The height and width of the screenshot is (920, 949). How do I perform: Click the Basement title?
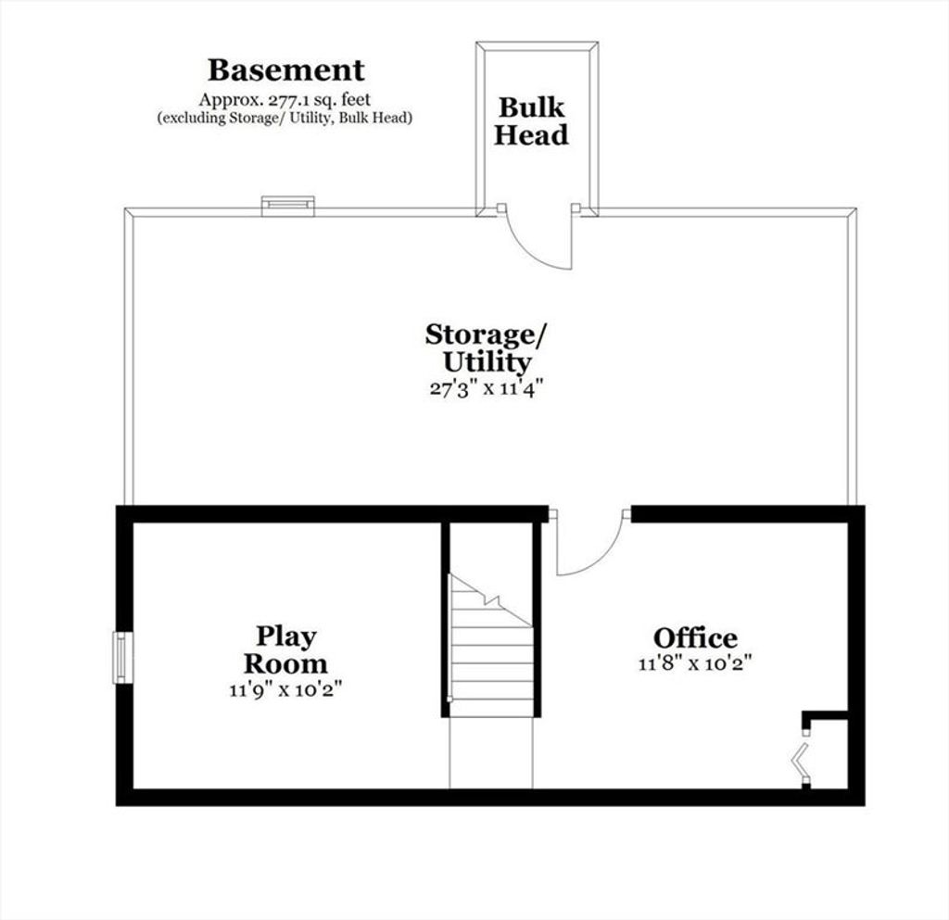pos(285,70)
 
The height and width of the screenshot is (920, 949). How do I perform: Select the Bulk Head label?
pos(531,121)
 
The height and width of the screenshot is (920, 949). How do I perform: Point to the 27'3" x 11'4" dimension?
pos(483,387)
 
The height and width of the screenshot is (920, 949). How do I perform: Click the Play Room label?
pos(285,649)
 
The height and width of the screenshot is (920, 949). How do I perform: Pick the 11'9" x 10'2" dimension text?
pos(285,689)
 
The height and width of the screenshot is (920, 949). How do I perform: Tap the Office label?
pos(695,637)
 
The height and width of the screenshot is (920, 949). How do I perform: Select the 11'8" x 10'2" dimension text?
pos(695,663)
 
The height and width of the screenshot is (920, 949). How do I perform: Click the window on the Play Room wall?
pos(123,658)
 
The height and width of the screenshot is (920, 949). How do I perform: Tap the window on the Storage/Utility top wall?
pos(288,206)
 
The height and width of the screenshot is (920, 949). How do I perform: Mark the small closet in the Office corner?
pos(826,750)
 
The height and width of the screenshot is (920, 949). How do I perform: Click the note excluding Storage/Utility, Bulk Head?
pos(285,118)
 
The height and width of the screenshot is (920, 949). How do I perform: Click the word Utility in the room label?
pos(487,362)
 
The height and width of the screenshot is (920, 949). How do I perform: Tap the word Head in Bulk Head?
pos(531,134)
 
